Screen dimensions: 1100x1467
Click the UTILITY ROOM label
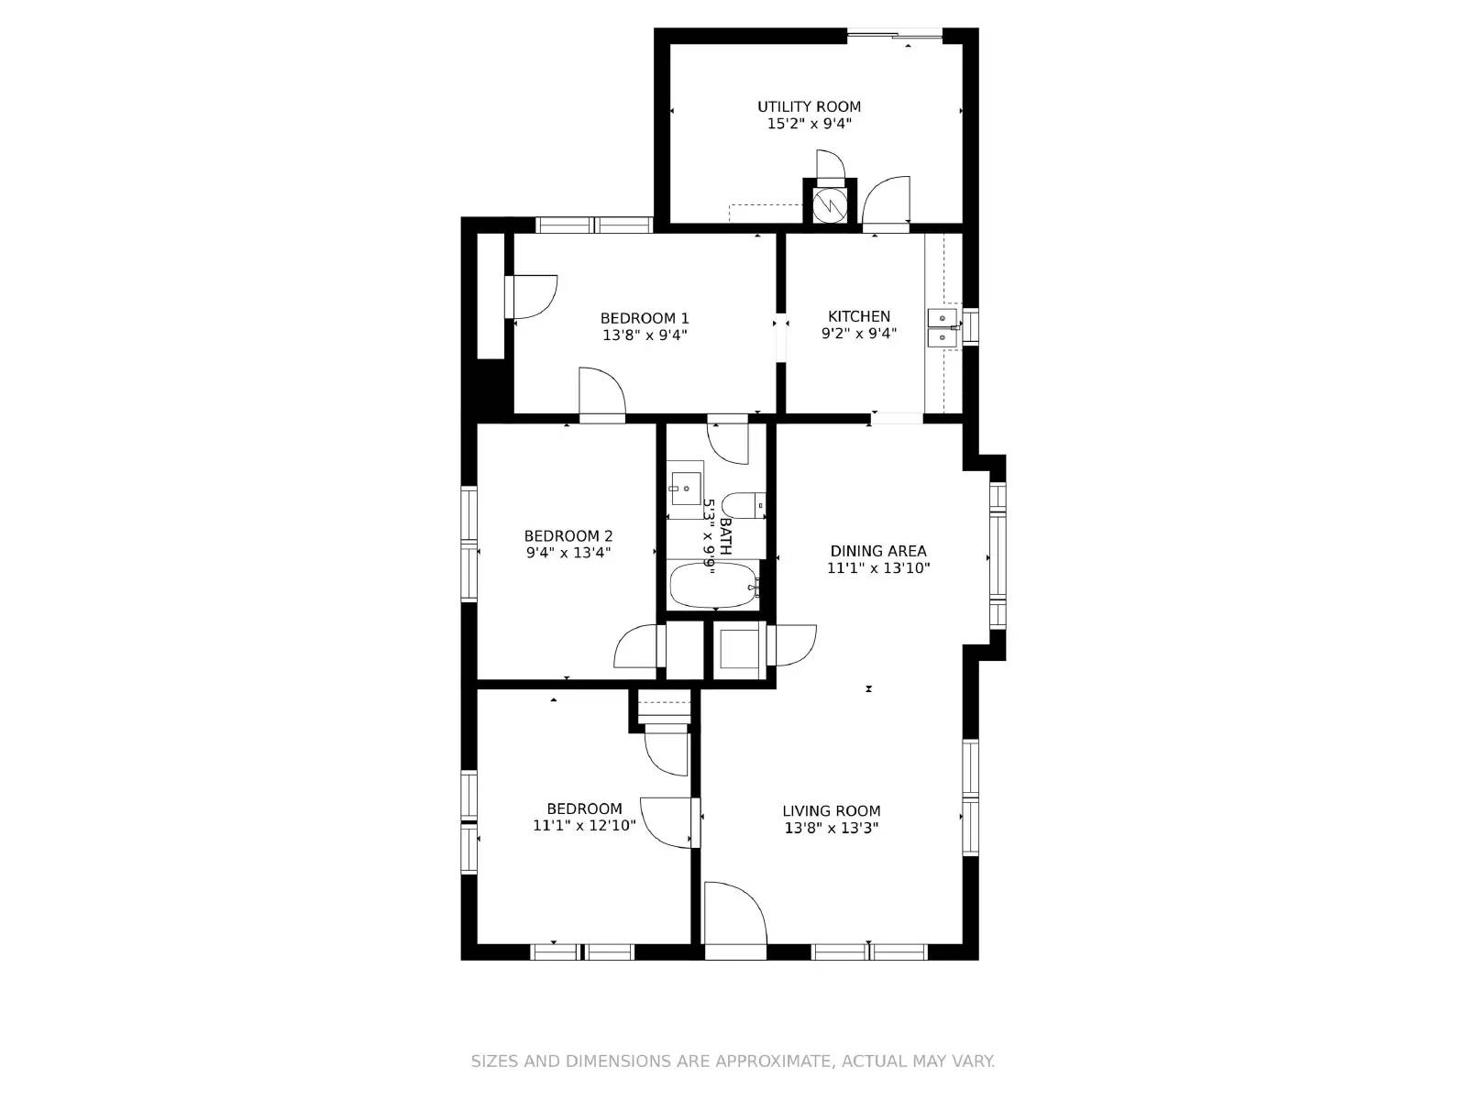point(809,106)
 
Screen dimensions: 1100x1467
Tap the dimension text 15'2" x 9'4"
point(809,124)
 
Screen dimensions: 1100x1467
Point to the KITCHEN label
point(859,316)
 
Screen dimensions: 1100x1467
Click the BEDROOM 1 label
point(645,318)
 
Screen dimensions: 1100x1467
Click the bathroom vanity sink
point(684,489)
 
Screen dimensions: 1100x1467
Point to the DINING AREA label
point(878,551)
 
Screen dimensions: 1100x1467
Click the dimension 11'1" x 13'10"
point(878,568)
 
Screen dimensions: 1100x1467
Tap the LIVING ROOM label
point(831,810)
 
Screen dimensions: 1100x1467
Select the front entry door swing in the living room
point(733,913)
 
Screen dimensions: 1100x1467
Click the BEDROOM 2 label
point(568,536)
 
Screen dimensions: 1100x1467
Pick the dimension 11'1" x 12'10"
point(584,826)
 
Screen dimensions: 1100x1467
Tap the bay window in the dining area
point(998,555)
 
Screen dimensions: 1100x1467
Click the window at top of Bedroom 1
point(593,225)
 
